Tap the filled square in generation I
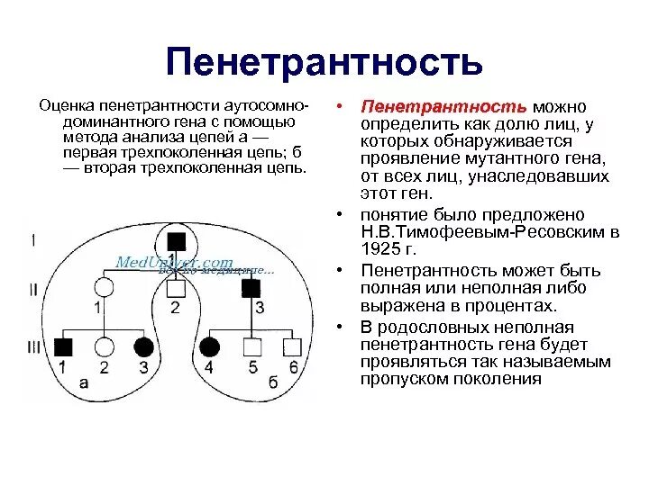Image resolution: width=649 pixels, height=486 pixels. [177, 241]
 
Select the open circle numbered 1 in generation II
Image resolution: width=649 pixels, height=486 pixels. [105, 288]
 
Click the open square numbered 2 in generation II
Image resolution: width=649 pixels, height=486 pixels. [177, 288]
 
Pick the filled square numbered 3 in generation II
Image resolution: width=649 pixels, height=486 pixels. [251, 288]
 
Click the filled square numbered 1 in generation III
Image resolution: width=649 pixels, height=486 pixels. [62, 346]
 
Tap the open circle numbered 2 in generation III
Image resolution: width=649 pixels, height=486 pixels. [105, 346]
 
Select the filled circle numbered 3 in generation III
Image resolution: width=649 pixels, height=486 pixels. [143, 346]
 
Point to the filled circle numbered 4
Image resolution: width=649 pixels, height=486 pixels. [209, 346]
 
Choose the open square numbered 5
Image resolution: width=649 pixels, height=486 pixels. [252, 346]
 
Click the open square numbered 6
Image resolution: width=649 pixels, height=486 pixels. [292, 346]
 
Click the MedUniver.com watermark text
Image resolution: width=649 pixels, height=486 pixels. [174, 262]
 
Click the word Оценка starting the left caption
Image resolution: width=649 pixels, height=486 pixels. [67, 106]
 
